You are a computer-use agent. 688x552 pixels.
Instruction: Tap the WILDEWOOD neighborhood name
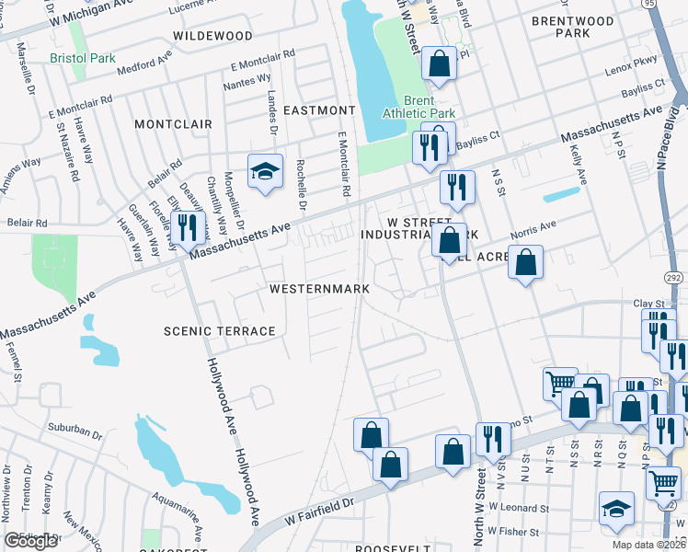212,36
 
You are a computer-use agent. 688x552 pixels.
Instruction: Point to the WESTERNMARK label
319,289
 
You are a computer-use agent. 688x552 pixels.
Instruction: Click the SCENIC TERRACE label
219,331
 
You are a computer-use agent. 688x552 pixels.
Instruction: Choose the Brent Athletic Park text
418,108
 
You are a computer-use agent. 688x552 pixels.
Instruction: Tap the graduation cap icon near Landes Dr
265,171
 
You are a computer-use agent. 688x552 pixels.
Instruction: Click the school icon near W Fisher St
616,510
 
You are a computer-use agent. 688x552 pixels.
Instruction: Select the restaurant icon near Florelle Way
187,228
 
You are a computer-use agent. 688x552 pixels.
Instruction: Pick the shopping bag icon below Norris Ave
524,263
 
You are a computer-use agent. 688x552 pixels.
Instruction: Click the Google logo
32,541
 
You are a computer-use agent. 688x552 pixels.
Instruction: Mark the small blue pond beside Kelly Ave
562,195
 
